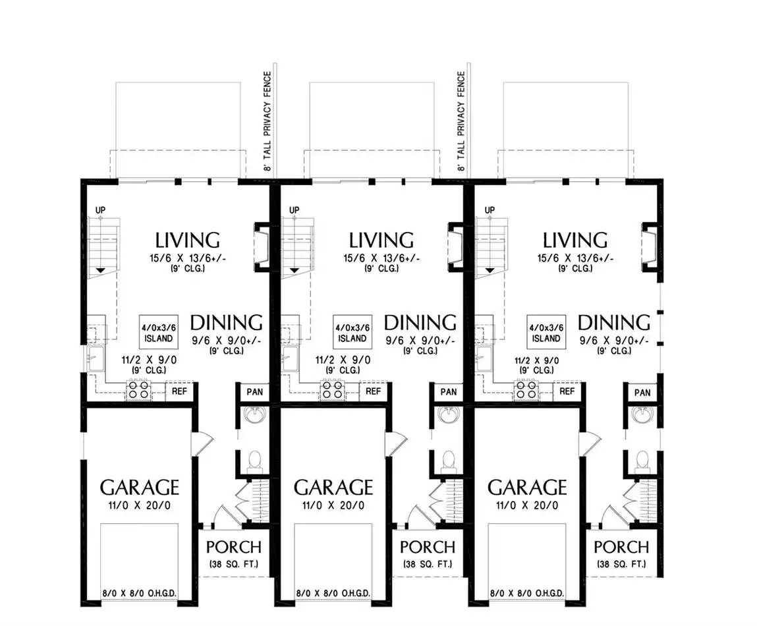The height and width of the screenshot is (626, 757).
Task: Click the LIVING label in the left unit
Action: tap(187, 240)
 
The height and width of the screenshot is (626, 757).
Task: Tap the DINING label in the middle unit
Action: tap(420, 322)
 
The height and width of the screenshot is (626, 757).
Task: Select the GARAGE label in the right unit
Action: tap(527, 488)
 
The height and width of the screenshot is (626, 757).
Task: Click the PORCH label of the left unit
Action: tap(234, 548)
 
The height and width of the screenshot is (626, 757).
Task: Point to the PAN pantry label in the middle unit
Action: tap(449, 391)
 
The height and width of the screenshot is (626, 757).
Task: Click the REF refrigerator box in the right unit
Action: tap(567, 391)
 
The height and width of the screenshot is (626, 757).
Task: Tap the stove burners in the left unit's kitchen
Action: tap(138, 390)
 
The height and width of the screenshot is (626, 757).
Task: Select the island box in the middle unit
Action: tap(352, 332)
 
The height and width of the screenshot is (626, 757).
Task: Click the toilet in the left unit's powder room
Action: tap(254, 461)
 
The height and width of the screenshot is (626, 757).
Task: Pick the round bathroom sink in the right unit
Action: tap(642, 414)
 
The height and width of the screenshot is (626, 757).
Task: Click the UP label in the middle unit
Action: tap(294, 210)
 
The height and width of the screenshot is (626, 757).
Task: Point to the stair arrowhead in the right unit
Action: tap(490, 270)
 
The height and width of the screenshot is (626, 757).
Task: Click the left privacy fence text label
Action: tap(267, 121)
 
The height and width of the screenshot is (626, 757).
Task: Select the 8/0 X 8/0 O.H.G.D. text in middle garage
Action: tap(333, 593)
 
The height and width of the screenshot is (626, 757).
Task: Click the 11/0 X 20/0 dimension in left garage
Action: tap(140, 505)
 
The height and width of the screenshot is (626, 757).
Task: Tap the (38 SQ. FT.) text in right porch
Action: tap(621, 563)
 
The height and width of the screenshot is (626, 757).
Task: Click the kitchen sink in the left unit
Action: tap(95, 359)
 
